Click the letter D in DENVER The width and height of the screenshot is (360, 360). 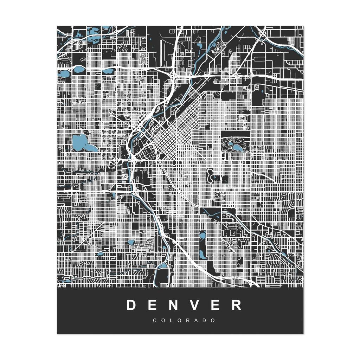(131, 305)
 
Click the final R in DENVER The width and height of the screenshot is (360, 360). (238, 305)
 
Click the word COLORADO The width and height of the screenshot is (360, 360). (184, 321)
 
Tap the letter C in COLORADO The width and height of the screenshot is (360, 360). (155, 321)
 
